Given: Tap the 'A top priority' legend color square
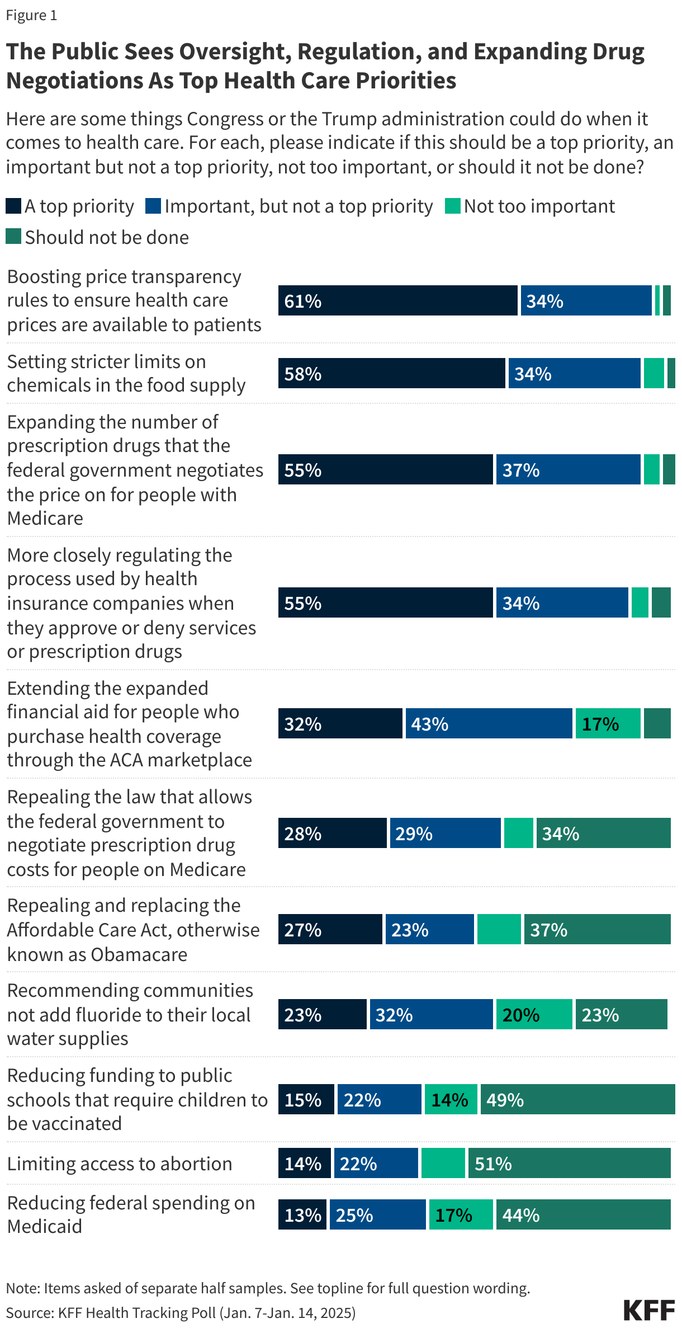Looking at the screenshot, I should pyautogui.click(x=13, y=206).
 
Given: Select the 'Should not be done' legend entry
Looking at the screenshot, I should pyautogui.click(x=97, y=237).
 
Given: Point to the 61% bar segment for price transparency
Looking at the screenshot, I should pyautogui.click(x=397, y=300).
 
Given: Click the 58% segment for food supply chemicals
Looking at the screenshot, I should pyautogui.click(x=391, y=373).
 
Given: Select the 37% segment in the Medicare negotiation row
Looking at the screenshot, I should pyautogui.click(x=567, y=469).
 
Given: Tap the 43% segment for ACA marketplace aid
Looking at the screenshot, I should pyautogui.click(x=489, y=723).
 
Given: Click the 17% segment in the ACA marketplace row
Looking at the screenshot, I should pyautogui.click(x=608, y=723).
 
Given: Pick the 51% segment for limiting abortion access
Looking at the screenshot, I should pyautogui.click(x=569, y=1163).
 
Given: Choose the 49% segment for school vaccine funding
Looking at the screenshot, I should pyautogui.click(x=577, y=1099).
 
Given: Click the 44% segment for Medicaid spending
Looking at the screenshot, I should pyautogui.click(x=582, y=1214).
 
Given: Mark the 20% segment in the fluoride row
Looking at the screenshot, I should pyautogui.click(x=534, y=1014).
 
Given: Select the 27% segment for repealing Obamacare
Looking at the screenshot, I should pyautogui.click(x=330, y=929).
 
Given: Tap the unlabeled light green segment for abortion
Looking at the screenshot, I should pyautogui.click(x=443, y=1163).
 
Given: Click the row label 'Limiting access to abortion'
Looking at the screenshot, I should pyautogui.click(x=119, y=1163).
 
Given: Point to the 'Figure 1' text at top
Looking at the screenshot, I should pyautogui.click(x=31, y=15).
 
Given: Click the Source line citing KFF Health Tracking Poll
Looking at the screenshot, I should pyautogui.click(x=181, y=1312).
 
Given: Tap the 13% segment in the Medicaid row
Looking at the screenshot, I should pyautogui.click(x=302, y=1214).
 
